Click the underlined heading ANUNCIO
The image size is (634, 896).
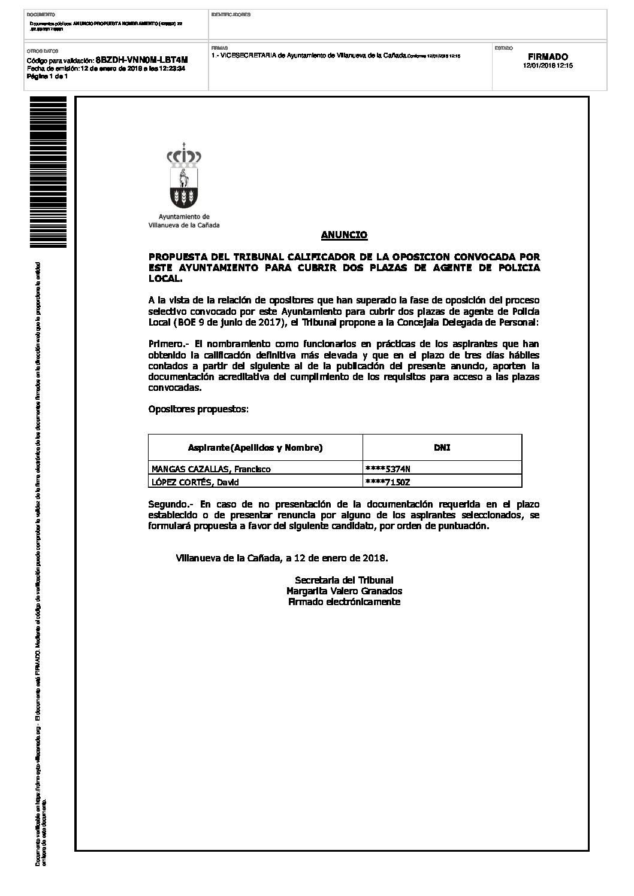pyautogui.click(x=344, y=235)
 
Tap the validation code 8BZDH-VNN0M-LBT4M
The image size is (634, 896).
pyautogui.click(x=141, y=60)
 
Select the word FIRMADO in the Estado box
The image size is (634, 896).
pyautogui.click(x=548, y=57)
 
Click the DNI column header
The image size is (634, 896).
pyautogui.click(x=442, y=448)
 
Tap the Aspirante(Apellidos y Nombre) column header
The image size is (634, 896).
pyautogui.click(x=255, y=448)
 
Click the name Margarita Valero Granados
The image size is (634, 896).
pyautogui.click(x=344, y=591)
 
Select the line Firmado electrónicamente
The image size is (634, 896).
pyautogui.click(x=344, y=602)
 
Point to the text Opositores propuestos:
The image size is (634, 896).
pyautogui.click(x=198, y=409)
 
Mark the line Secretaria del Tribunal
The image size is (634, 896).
pyautogui.click(x=344, y=580)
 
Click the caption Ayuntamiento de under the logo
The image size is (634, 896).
pyautogui.click(x=184, y=217)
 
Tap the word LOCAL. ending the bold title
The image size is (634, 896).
pyautogui.click(x=165, y=279)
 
